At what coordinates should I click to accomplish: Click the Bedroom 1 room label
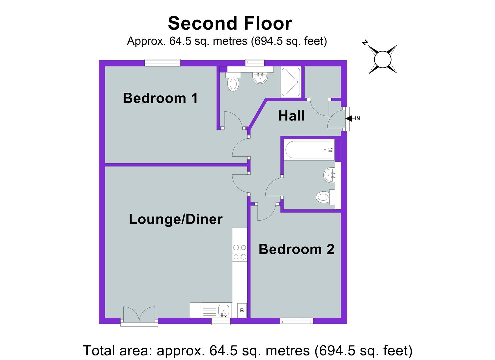click(x=160, y=98)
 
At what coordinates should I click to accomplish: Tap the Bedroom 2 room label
click(x=296, y=249)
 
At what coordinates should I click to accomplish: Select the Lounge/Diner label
click(x=176, y=219)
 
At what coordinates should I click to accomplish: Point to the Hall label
click(x=291, y=116)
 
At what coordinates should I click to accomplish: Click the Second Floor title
click(x=230, y=23)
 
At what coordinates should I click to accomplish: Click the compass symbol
click(x=382, y=59)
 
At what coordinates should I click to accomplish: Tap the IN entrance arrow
click(x=350, y=118)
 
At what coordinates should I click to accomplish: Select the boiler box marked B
click(x=242, y=310)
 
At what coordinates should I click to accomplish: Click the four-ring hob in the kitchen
click(x=240, y=252)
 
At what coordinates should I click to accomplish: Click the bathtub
click(x=309, y=150)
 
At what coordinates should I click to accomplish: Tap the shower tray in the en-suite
click(x=291, y=82)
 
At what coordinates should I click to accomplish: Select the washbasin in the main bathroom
click(x=329, y=175)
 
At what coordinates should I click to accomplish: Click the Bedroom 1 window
click(x=163, y=62)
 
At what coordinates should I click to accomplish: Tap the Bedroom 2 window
click(x=296, y=321)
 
